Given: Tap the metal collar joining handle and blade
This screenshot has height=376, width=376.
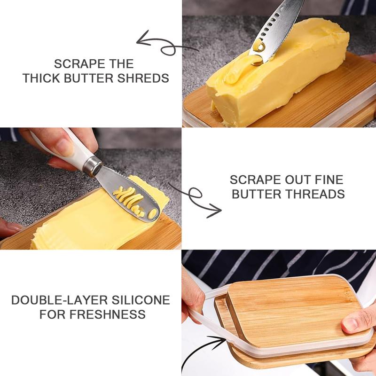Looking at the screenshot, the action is (x=92, y=165).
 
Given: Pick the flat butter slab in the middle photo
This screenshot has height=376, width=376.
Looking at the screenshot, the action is (x=96, y=220).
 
